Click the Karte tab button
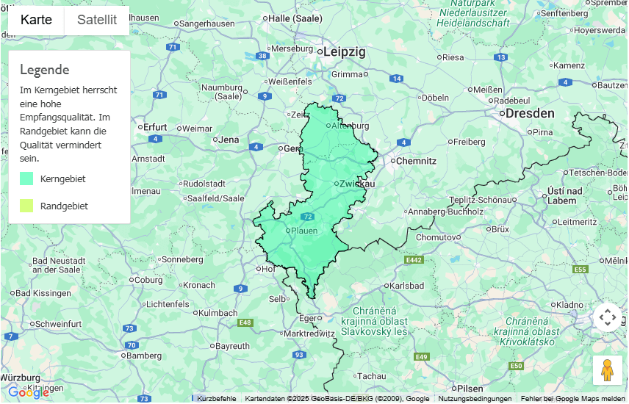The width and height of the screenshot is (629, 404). (x=36, y=20)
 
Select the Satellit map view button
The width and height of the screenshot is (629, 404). (x=97, y=20)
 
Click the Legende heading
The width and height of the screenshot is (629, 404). (x=45, y=70)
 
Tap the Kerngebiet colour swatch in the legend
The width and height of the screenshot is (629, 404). (x=26, y=178)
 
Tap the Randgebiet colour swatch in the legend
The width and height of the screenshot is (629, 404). (x=26, y=206)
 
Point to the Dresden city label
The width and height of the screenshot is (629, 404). (x=529, y=113)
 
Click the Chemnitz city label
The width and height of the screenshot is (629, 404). (x=417, y=161)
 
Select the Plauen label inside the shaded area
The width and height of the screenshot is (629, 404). (x=304, y=231)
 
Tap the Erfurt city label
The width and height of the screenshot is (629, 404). (x=155, y=126)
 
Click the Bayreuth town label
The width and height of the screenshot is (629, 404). (x=232, y=345)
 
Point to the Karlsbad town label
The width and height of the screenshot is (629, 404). (x=407, y=285)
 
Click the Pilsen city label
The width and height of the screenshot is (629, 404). (x=470, y=388)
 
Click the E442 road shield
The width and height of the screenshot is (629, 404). (x=414, y=260)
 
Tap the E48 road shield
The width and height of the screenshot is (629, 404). (x=245, y=322)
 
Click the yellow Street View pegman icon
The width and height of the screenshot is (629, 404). (x=607, y=370)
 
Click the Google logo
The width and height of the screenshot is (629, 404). (x=28, y=393)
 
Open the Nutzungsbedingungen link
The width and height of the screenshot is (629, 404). (x=475, y=399)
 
